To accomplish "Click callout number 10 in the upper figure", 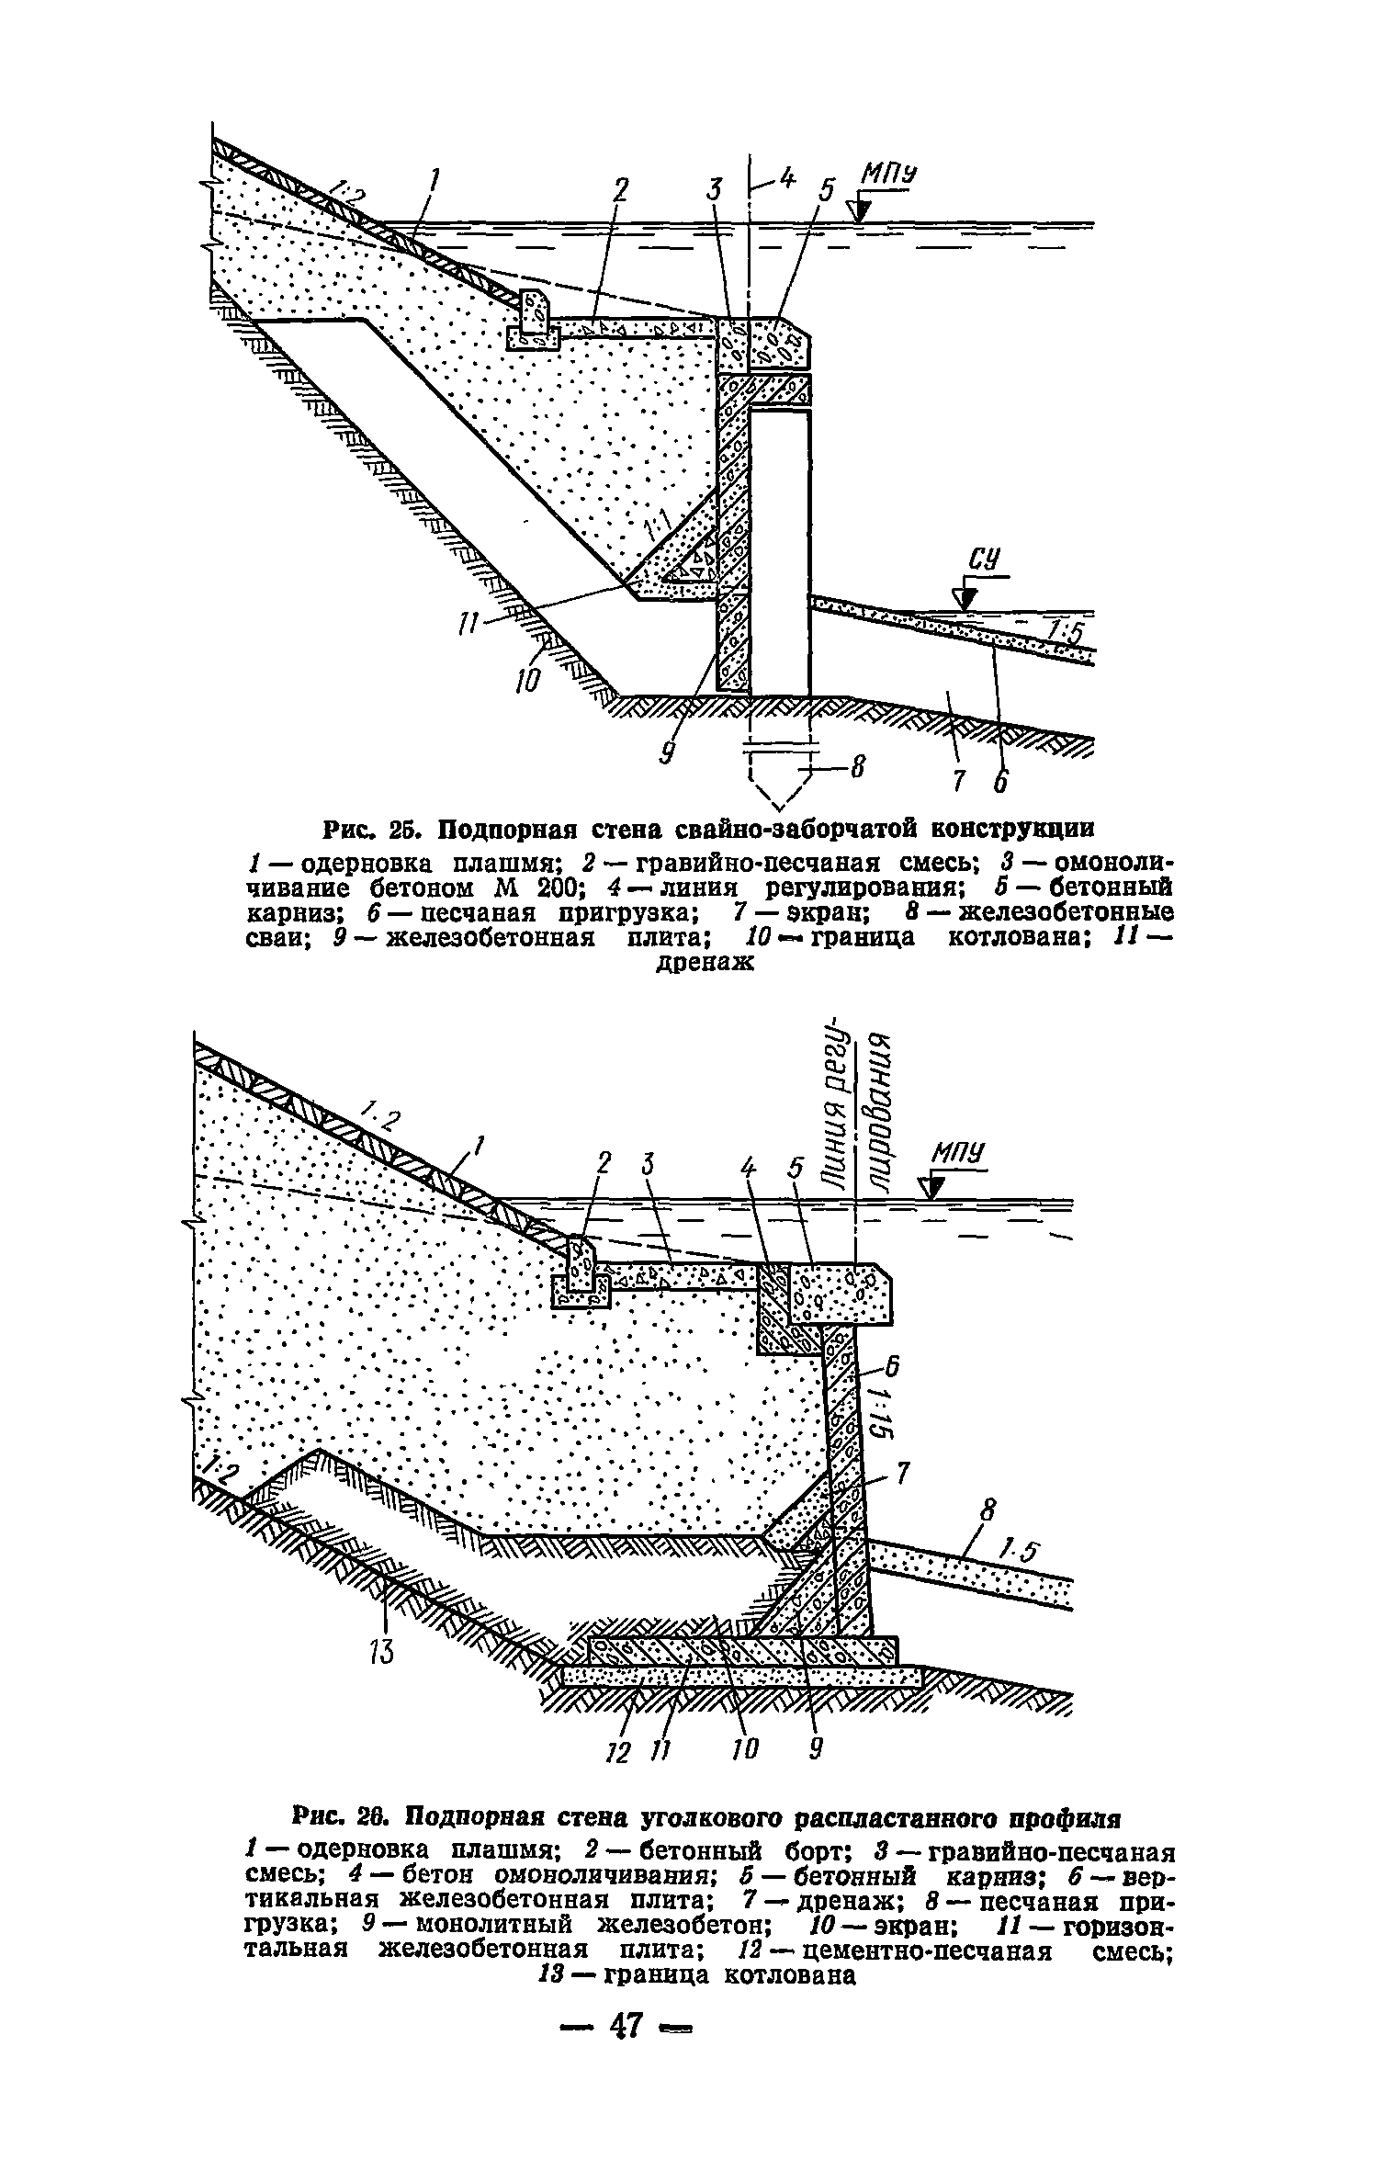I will [x=530, y=680].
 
